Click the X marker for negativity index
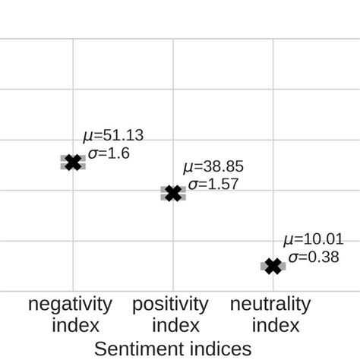click(73, 162)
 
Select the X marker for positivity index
click(173, 193)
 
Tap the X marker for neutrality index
click(273, 266)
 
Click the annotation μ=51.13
click(112, 136)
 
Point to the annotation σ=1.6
click(109, 153)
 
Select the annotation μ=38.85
click(213, 166)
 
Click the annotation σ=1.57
click(212, 183)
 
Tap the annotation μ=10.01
click(313, 239)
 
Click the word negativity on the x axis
click(71, 305)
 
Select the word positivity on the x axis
click(170, 305)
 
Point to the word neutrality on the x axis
click(270, 305)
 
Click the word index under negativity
click(76, 326)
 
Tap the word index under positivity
click(175, 326)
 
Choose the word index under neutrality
click(276, 326)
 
